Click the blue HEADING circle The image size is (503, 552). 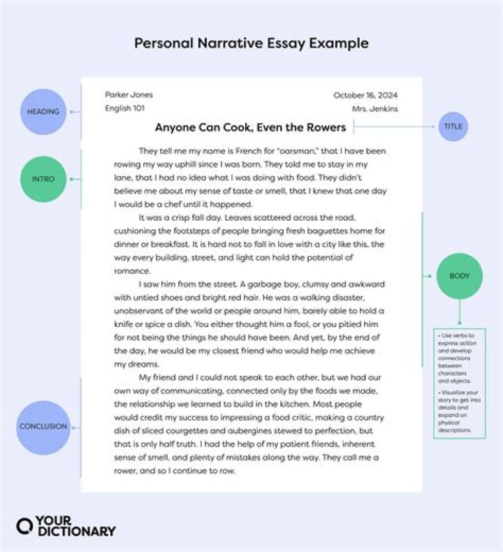pyautogui.click(x=43, y=112)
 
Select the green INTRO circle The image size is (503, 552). pyautogui.click(x=43, y=179)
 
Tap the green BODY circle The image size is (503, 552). pyautogui.click(x=459, y=276)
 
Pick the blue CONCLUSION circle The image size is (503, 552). pyautogui.click(x=43, y=426)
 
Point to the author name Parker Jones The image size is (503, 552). pyautogui.click(x=129, y=95)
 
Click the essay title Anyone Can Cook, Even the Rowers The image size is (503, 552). pyautogui.click(x=250, y=127)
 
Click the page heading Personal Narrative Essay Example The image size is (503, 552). pyautogui.click(x=251, y=43)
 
